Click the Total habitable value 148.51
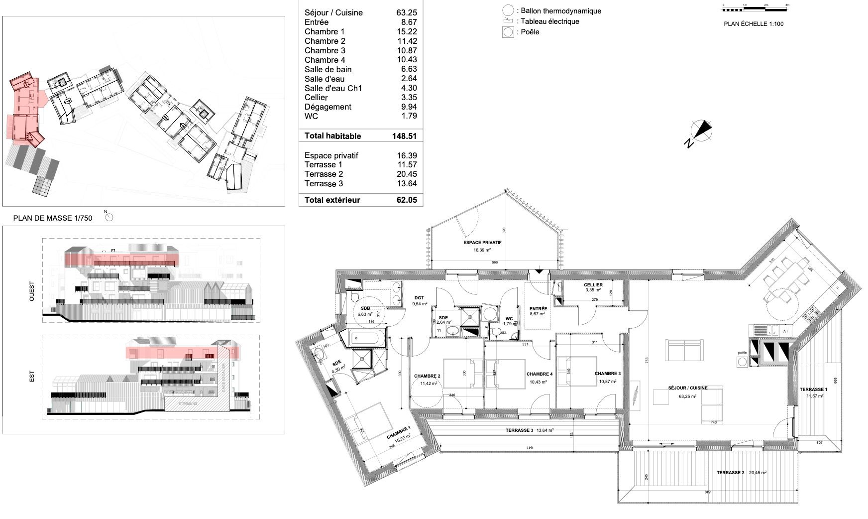click(404, 136)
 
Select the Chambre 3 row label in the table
click(325, 50)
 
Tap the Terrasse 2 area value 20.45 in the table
click(408, 174)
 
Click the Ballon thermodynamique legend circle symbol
click(508, 10)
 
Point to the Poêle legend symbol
click(508, 32)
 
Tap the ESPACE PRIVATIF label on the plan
click(482, 243)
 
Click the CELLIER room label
click(593, 285)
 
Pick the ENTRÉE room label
click(538, 309)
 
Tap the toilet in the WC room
click(496, 332)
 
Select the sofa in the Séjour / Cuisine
click(685, 351)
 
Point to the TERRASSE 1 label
click(813, 389)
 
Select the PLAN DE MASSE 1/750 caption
click(53, 218)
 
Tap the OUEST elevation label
click(32, 291)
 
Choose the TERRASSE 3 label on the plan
click(519, 430)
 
